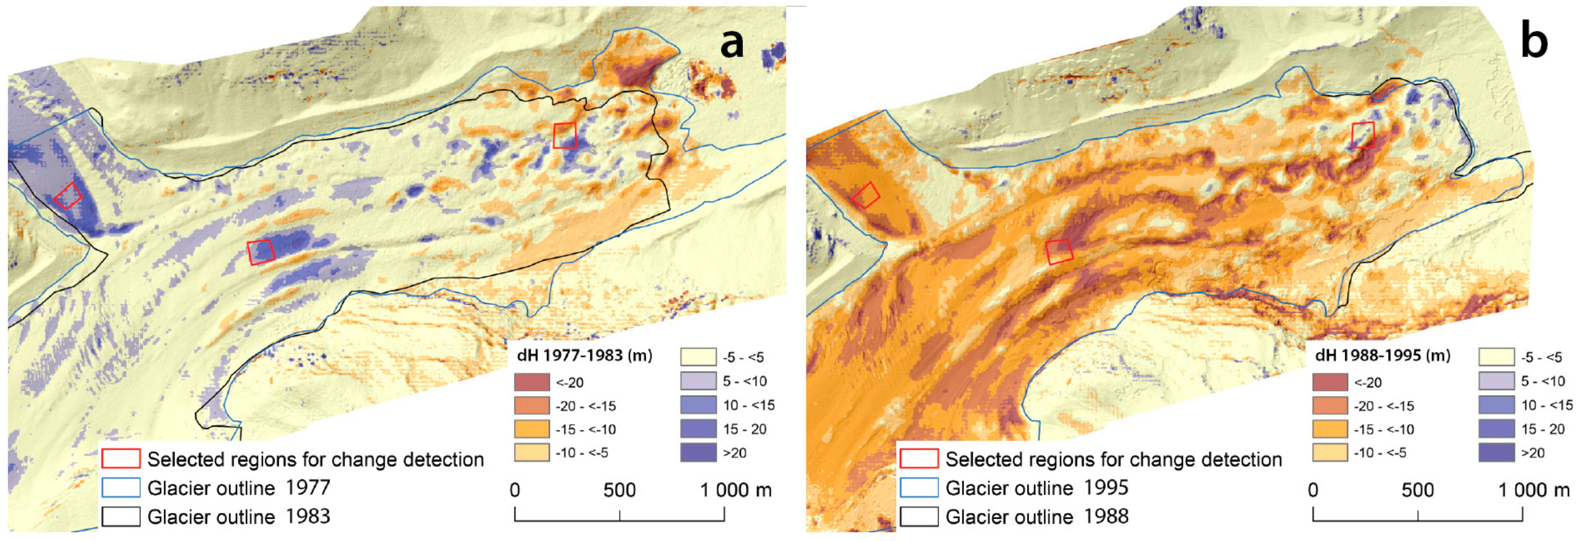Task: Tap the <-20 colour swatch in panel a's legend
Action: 531,382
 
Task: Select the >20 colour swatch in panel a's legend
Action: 698,453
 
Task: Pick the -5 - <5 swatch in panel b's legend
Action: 1496,357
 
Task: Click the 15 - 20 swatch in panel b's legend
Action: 1496,429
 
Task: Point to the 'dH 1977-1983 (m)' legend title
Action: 584,355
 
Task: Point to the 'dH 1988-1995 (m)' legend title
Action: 1382,355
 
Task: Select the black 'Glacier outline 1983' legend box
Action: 121,517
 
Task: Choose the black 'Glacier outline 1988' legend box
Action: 919,517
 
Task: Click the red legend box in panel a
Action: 121,459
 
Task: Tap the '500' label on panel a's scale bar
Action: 619,490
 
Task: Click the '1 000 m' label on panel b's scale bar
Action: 1534,490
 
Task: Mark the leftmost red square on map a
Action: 67,196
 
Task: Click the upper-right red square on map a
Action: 564,135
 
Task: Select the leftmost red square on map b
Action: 866,196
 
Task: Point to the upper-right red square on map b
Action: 1363,135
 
